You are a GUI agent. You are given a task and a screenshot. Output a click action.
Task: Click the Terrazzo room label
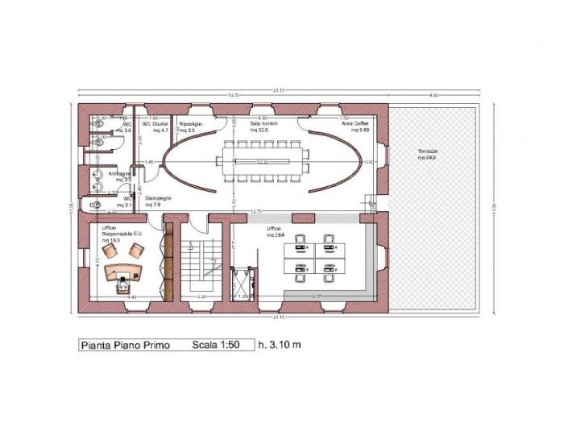427,154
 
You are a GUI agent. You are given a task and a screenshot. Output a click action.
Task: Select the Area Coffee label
355,123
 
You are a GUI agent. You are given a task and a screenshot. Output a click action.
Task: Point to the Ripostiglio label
191,123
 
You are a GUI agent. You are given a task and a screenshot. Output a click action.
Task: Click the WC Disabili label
156,123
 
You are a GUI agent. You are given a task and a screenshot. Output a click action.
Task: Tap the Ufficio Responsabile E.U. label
121,234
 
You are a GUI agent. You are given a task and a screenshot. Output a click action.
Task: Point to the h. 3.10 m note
280,346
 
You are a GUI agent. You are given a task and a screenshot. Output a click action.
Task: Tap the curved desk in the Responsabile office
125,267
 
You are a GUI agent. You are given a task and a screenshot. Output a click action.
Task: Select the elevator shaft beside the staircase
242,282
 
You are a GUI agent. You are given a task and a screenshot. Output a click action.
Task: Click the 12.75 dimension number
256,211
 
